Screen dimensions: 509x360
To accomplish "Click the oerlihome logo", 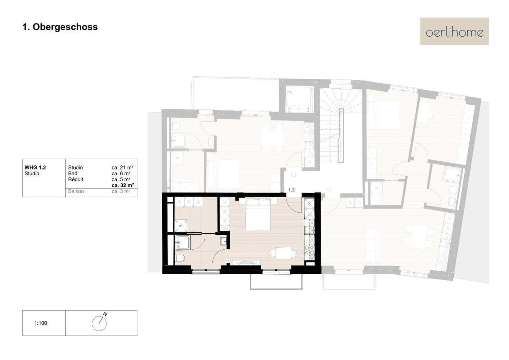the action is tap(454, 31).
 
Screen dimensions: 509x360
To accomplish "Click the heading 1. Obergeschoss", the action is tap(60, 27).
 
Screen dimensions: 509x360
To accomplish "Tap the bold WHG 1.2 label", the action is tap(35, 168).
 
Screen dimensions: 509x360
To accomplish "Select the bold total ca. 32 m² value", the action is tap(123, 185).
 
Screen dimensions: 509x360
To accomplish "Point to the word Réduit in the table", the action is tap(76, 179).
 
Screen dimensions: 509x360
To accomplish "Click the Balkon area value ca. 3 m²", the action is tap(121, 191).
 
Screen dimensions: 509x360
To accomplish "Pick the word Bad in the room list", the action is tap(73, 174).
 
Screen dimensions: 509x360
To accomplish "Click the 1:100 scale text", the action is tap(41, 323).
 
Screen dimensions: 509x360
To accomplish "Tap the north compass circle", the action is tap(99, 323).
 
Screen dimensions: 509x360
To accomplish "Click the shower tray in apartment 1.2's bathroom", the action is tap(183, 242).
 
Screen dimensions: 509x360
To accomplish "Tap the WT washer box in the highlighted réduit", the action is tap(181, 226).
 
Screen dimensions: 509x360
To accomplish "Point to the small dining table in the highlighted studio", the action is tap(283, 253).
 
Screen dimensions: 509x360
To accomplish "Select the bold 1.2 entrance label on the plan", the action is tap(291, 190).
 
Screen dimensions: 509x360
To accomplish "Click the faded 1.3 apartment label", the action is tap(293, 175).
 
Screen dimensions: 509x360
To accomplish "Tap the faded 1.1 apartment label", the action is tap(328, 189).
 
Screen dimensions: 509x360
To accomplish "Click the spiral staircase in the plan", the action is tap(341, 125).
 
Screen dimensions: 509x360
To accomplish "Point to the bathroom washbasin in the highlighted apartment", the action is tap(223, 241).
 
